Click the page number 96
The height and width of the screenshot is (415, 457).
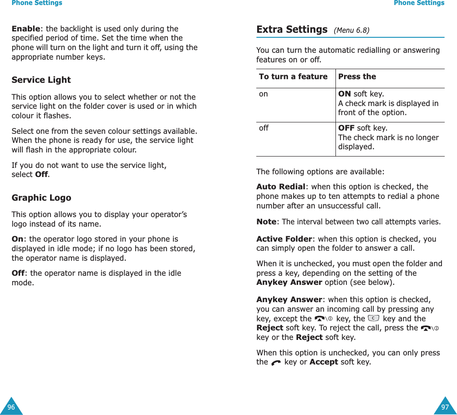pyautogui.click(x=11, y=407)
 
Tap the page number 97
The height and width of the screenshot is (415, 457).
pyautogui.click(x=445, y=407)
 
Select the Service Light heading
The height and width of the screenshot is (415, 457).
pyautogui.click(x=41, y=80)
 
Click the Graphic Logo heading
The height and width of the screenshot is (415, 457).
pyautogui.click(x=41, y=198)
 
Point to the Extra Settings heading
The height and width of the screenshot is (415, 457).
pyautogui.click(x=292, y=30)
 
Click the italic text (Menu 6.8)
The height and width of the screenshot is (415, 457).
pyautogui.click(x=351, y=30)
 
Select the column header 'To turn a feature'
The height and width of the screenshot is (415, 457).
pyautogui.click(x=293, y=76)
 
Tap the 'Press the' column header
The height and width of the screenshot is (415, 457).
pyautogui.click(x=357, y=76)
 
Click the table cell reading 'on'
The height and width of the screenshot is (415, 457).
pyautogui.click(x=264, y=94)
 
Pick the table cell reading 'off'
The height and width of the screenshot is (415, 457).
pyautogui.click(x=264, y=128)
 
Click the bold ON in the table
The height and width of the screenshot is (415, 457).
pyautogui.click(x=345, y=94)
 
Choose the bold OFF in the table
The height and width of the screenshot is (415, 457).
pyautogui.click(x=346, y=128)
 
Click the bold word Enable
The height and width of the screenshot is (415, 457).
pyautogui.click(x=25, y=29)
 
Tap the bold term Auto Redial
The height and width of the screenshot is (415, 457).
pyautogui.click(x=281, y=187)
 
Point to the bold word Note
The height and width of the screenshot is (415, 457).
pyautogui.click(x=266, y=222)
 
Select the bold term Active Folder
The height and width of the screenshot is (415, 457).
pyautogui.click(x=284, y=239)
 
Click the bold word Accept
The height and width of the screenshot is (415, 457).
pyautogui.click(x=323, y=362)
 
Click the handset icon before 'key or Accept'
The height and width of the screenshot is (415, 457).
pyautogui.click(x=276, y=363)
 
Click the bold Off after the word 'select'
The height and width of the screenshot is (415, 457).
pyautogui.click(x=41, y=175)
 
